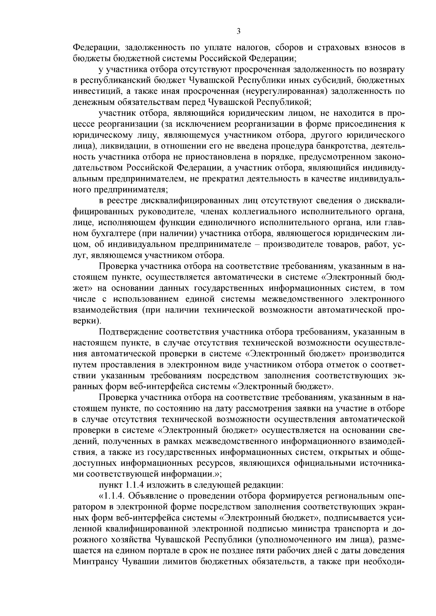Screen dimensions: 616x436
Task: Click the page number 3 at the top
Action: point(238,31)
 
